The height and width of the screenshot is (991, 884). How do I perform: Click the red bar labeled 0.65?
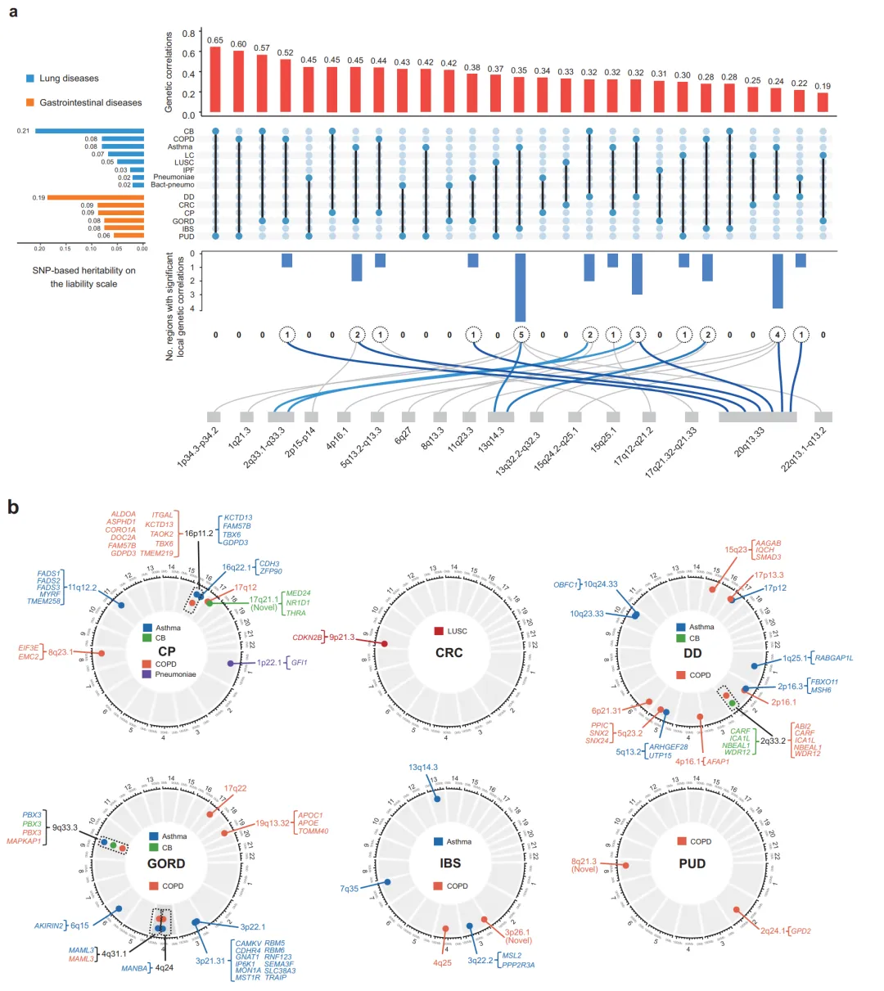tap(215, 80)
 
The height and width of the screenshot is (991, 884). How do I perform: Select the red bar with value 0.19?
tap(823, 103)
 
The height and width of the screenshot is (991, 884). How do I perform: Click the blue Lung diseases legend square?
tap(30, 79)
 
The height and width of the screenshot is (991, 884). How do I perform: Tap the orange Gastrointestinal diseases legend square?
tap(30, 102)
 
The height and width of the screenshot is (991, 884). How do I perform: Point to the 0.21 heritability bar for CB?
tap(89, 131)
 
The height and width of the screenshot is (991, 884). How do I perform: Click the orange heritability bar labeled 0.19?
tap(96, 197)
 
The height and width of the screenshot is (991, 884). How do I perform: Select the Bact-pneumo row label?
tap(172, 185)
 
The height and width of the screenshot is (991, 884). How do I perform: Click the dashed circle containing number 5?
tap(521, 335)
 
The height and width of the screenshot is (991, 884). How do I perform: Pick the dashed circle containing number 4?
tap(777, 335)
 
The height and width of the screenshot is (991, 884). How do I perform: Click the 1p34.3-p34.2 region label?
tap(198, 448)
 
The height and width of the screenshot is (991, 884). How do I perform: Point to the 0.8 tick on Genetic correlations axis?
tap(188, 33)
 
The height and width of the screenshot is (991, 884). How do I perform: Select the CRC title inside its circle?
tap(449, 653)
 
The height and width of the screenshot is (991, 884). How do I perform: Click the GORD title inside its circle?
tap(166, 863)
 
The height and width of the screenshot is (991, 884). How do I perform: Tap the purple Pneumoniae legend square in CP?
tap(147, 674)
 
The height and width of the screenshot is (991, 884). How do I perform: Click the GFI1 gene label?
tap(300, 662)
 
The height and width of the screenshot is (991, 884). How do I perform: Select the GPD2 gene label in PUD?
tap(801, 930)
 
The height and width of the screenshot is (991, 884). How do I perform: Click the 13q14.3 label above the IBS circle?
tap(423, 768)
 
